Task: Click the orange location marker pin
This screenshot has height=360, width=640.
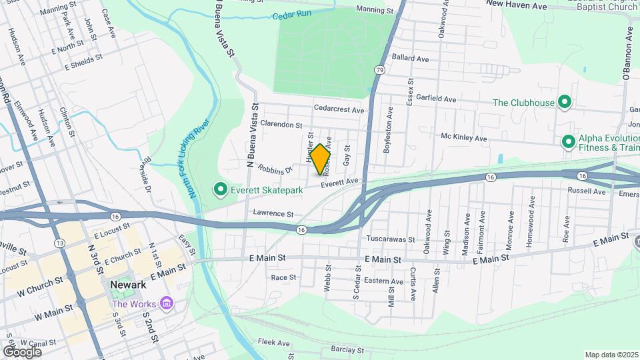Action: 321,159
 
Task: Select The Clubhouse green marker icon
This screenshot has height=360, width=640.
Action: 565,103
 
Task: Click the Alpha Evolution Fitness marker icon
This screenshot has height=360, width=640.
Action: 568,142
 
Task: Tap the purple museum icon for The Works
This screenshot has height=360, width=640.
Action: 166,304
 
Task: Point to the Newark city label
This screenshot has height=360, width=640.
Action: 128,285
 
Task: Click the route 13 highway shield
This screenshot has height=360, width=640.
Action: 60,243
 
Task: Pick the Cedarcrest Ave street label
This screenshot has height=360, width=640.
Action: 340,109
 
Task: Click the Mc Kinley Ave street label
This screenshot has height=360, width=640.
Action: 464,138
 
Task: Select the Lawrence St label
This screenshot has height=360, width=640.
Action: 273,214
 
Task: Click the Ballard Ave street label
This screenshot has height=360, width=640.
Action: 411,59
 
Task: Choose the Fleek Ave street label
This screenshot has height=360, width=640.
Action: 274,343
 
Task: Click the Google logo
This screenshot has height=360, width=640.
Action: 22,351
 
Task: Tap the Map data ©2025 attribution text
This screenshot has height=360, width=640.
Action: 611,355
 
